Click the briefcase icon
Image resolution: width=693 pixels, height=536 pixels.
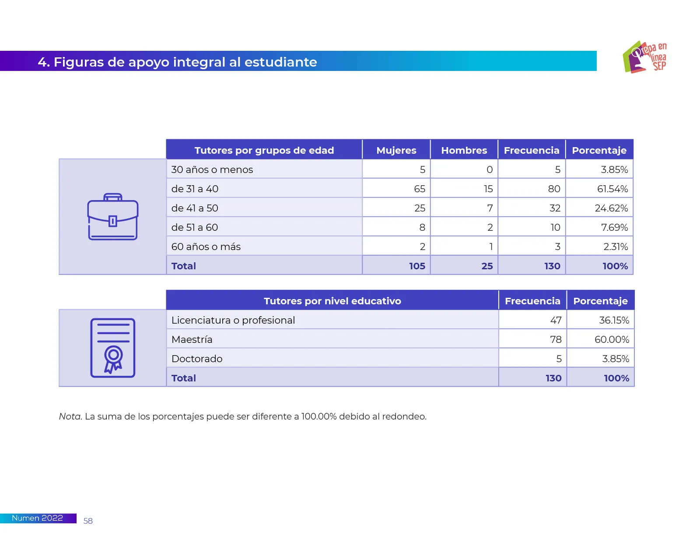113,217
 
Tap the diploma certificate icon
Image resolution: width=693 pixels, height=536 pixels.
113,348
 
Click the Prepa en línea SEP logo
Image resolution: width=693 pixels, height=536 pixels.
644,57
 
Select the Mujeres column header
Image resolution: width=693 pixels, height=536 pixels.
396,150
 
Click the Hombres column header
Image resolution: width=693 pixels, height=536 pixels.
464,150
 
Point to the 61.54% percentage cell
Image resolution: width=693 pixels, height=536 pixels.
612,189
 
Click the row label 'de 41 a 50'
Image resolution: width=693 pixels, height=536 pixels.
195,208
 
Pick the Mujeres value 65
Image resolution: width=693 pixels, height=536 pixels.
419,189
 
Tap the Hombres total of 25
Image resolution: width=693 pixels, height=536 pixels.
487,266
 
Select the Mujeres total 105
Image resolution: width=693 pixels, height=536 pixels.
417,266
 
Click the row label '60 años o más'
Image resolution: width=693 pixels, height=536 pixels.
206,247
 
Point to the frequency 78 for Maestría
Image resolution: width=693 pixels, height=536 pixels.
556,339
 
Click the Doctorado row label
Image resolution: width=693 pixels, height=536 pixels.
197,359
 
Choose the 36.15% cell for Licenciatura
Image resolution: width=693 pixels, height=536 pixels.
614,320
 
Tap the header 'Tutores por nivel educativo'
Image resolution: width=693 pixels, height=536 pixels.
332,301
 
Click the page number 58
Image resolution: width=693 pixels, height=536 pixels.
88,521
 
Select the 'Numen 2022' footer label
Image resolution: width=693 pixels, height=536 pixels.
37,518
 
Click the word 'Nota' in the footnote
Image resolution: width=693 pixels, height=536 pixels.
70,416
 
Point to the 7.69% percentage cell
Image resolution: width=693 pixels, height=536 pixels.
614,227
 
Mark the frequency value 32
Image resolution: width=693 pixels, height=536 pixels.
555,208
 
